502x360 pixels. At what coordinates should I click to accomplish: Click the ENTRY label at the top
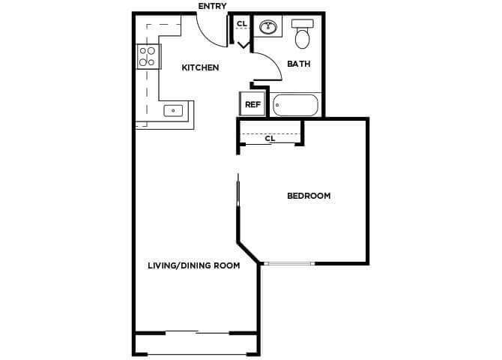pyautogui.click(x=212, y=7)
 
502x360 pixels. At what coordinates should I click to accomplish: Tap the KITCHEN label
pyautogui.click(x=200, y=68)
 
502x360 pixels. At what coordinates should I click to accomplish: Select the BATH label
pyautogui.click(x=298, y=64)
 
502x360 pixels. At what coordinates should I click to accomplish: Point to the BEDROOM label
pyautogui.click(x=309, y=196)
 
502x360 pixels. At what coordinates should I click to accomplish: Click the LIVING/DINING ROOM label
pyautogui.click(x=193, y=265)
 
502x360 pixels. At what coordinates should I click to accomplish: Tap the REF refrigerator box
pyautogui.click(x=252, y=104)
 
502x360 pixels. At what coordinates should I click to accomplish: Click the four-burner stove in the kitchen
pyautogui.click(x=148, y=56)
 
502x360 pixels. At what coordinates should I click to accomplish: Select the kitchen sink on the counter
pyautogui.click(x=174, y=111)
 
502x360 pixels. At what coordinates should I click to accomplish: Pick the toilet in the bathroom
pyautogui.click(x=303, y=34)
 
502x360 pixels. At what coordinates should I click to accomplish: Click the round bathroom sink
pyautogui.click(x=267, y=28)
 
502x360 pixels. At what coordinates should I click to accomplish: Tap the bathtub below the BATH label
pyautogui.click(x=295, y=104)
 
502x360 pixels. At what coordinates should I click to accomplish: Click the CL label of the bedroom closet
pyautogui.click(x=270, y=139)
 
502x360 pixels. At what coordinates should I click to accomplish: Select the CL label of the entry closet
pyautogui.click(x=241, y=24)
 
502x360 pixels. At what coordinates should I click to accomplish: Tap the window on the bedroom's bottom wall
pyautogui.click(x=289, y=263)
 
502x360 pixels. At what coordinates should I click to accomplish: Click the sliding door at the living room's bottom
pyautogui.click(x=196, y=332)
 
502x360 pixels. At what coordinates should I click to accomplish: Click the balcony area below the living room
pyautogui.click(x=197, y=344)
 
